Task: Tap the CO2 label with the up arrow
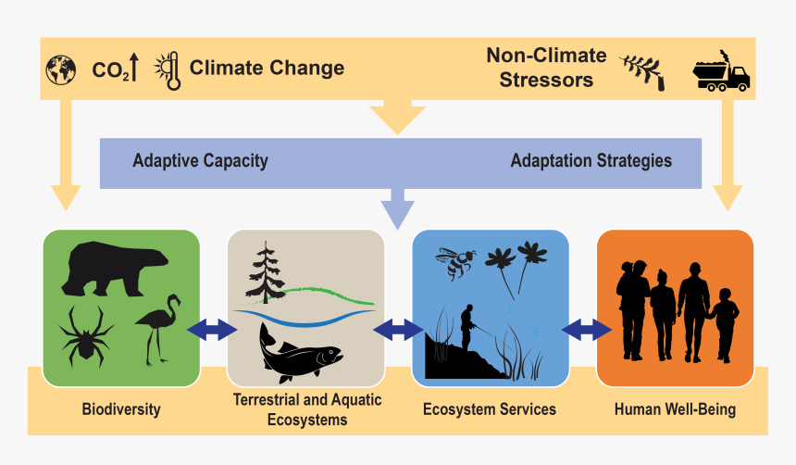point(116,69)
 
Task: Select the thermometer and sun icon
point(168,69)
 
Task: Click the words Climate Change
point(267,68)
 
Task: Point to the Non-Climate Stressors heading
point(546,68)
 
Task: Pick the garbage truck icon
point(721,74)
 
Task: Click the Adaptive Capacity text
point(200,160)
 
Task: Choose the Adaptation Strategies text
point(591,160)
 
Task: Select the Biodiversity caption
point(120,408)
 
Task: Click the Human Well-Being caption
point(675,408)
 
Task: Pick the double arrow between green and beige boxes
point(213,329)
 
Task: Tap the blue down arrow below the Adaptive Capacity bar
point(398,207)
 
